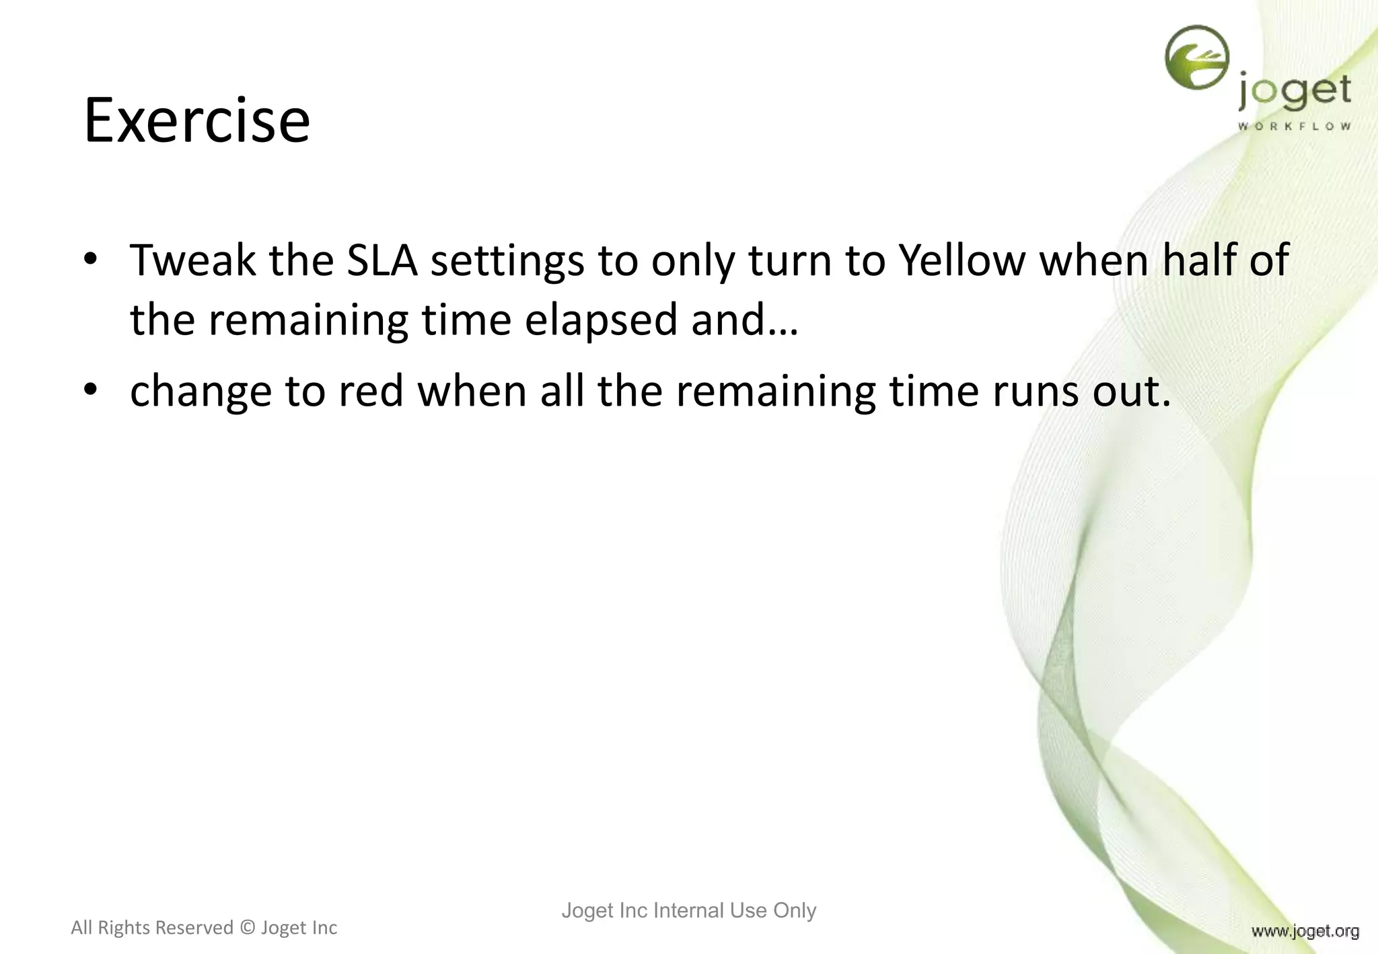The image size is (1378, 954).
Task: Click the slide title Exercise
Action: coord(196,121)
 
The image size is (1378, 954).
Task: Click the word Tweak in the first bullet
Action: coord(192,260)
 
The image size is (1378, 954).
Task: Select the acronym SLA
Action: coord(382,260)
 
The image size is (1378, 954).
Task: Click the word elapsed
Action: coord(602,320)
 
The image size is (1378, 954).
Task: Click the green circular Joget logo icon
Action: coord(1196,58)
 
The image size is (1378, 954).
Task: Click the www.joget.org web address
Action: coord(1305,931)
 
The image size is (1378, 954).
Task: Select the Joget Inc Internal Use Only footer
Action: coord(688,910)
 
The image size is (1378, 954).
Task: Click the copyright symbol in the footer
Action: coord(247,928)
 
